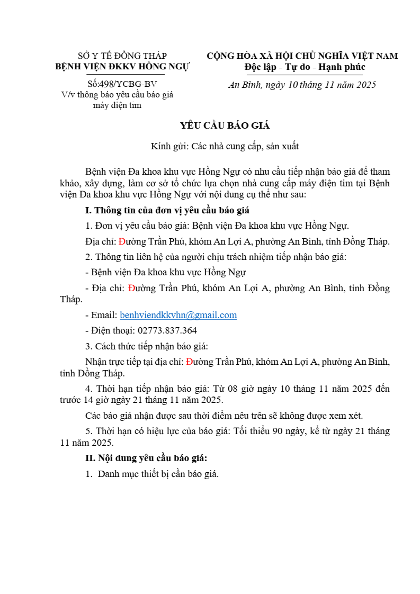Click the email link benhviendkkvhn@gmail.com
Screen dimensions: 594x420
click(x=178, y=315)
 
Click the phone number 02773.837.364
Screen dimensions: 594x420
click(x=167, y=331)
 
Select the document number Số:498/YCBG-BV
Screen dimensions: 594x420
click(x=122, y=84)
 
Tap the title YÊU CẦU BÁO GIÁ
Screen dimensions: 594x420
click(x=225, y=125)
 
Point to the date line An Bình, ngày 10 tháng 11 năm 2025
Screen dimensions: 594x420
click(x=302, y=85)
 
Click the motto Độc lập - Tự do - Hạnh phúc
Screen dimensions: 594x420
click(x=305, y=67)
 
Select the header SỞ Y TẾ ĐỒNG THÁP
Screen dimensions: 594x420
click(x=122, y=56)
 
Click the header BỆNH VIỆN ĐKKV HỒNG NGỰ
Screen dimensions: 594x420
click(x=122, y=67)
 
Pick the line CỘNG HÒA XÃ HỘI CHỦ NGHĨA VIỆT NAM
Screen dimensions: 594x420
click(x=302, y=56)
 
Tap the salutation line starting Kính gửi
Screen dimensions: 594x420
click(x=225, y=147)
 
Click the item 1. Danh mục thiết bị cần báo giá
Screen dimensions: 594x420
click(x=153, y=474)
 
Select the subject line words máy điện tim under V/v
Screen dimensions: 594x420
click(x=117, y=105)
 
